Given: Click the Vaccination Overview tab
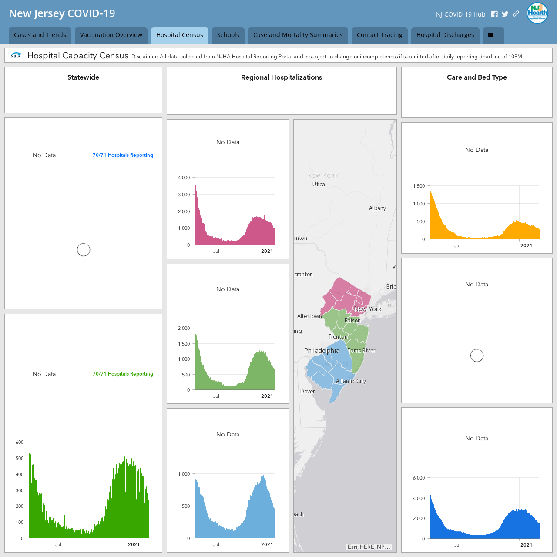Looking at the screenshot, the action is tap(111, 35).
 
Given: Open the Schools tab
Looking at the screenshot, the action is tap(228, 35).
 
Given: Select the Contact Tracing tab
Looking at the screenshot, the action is tap(379, 35).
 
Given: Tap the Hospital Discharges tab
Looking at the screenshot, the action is tap(445, 35).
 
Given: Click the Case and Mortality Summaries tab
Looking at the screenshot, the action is tap(298, 35).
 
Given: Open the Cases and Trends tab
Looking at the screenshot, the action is tap(40, 35).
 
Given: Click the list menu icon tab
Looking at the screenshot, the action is tap(493, 35).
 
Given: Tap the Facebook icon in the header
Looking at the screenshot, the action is tap(494, 14).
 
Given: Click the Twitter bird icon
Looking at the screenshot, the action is tap(505, 14).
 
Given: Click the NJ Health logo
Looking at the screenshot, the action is tap(537, 13).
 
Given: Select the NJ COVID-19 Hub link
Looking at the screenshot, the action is tap(460, 14).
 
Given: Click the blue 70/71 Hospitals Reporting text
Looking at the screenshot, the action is tap(123, 155).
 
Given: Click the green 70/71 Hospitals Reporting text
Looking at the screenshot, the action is tap(123, 374).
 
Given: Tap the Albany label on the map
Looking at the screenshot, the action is tap(377, 208).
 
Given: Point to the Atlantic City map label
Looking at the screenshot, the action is tap(351, 381).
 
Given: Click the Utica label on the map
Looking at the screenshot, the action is tap(319, 184).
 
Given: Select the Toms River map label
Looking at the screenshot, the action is tap(361, 350).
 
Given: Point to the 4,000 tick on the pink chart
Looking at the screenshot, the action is tap(184, 178).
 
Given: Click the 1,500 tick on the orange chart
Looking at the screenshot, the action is tap(419, 186).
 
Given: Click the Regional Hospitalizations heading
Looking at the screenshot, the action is tap(282, 77).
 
